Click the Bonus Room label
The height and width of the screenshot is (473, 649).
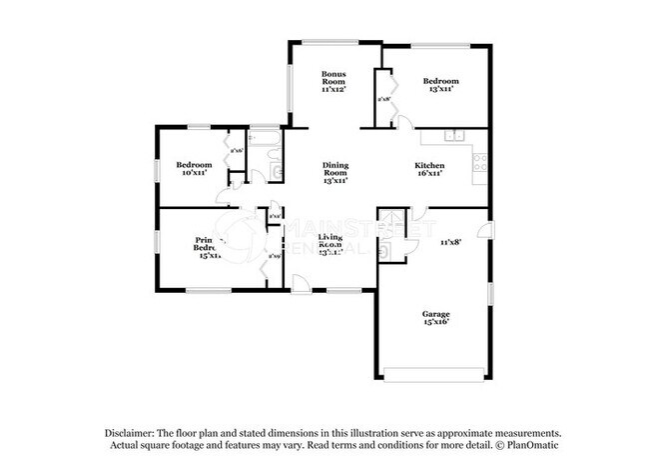click(x=332, y=77)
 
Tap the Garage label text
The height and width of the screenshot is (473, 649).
click(x=434, y=314)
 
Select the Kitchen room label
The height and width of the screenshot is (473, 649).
click(x=429, y=164)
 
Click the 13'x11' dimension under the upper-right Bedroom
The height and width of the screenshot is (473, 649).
click(x=439, y=90)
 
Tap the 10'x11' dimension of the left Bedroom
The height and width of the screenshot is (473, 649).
click(x=194, y=173)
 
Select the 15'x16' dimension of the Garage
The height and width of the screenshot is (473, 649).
click(x=434, y=324)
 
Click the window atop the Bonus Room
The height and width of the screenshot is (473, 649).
click(x=332, y=43)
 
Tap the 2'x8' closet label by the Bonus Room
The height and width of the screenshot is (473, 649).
click(x=382, y=99)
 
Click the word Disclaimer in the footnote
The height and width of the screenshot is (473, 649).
click(x=133, y=431)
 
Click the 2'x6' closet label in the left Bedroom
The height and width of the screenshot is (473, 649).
click(x=236, y=151)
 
